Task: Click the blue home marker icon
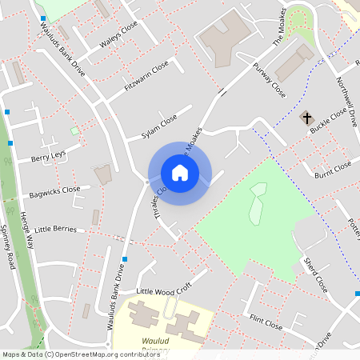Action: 180,172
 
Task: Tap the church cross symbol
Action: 306,118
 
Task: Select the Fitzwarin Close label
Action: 146,74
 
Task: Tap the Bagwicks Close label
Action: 54,191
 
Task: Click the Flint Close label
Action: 266,324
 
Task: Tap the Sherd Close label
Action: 315,274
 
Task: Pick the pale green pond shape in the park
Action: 257,203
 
